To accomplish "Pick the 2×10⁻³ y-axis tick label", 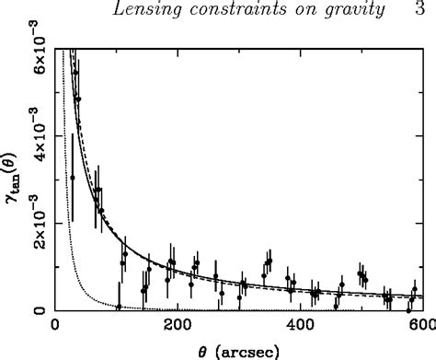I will [x=29, y=224].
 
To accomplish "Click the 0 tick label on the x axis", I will [x=56, y=325].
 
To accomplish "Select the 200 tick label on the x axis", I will [x=178, y=325].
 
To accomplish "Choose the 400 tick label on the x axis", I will [x=298, y=325].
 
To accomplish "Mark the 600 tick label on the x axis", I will [x=419, y=325].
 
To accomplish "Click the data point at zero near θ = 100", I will [x=119, y=308].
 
